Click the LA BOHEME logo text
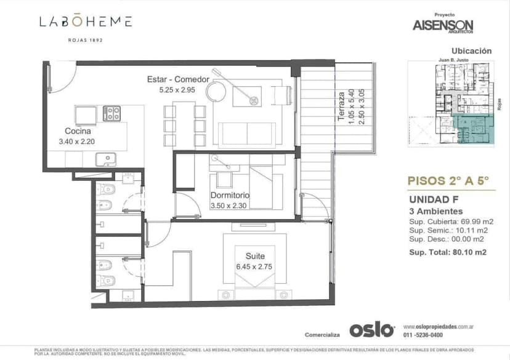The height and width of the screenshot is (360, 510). coord(86,22)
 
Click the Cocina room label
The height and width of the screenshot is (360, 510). coord(78,131)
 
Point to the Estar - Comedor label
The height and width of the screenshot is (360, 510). coord(178,79)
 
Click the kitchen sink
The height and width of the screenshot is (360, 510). coord(107,159)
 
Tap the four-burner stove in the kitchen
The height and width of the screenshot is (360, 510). coord(112,113)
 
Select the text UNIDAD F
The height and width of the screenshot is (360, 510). coord(432,199)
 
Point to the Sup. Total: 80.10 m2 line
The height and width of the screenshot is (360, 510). coord(448,252)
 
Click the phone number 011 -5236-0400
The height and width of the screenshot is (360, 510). coord(424,335)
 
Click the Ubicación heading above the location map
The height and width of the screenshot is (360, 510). coord(471,51)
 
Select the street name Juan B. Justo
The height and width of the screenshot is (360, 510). coord(453,60)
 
